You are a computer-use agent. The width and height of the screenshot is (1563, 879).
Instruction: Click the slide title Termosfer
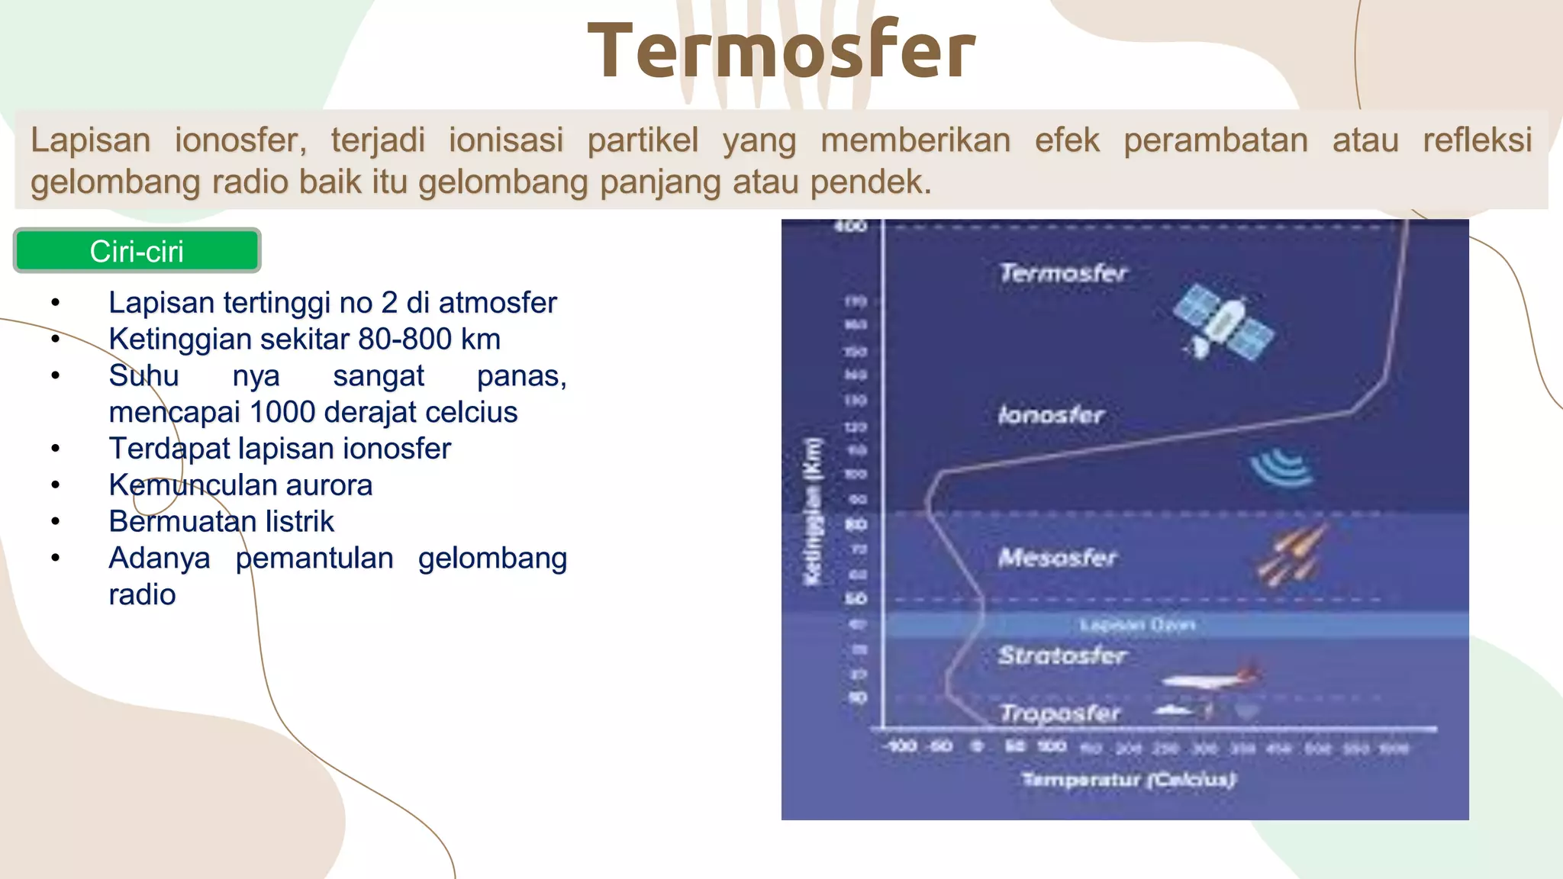[781, 52]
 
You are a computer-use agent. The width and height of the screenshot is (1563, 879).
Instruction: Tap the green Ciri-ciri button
[137, 251]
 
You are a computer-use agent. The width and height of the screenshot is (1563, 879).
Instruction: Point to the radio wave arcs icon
[1282, 467]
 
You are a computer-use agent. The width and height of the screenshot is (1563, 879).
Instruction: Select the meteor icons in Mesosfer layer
[1292, 555]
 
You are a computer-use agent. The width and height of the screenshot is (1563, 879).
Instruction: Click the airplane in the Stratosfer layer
[1210, 678]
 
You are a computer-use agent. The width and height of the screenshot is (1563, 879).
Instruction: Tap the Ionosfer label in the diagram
[1051, 415]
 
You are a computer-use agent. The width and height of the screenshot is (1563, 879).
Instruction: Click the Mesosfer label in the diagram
[1057, 558]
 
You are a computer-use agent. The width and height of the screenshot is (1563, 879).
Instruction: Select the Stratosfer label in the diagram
[1062, 655]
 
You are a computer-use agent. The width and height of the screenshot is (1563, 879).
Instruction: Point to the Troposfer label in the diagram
[1060, 713]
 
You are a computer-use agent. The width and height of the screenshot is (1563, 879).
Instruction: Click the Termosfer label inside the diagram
[1063, 272]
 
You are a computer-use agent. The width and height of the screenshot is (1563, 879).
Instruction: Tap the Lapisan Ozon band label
[1137, 625]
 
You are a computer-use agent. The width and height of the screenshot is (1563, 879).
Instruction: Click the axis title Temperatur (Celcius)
[1128, 779]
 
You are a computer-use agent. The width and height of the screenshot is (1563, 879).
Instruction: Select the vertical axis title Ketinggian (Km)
[814, 512]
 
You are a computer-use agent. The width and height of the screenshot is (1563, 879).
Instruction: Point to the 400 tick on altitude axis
[850, 226]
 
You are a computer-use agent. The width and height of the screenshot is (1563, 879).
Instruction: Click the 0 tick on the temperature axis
[977, 746]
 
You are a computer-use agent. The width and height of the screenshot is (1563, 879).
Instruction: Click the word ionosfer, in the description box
[240, 140]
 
